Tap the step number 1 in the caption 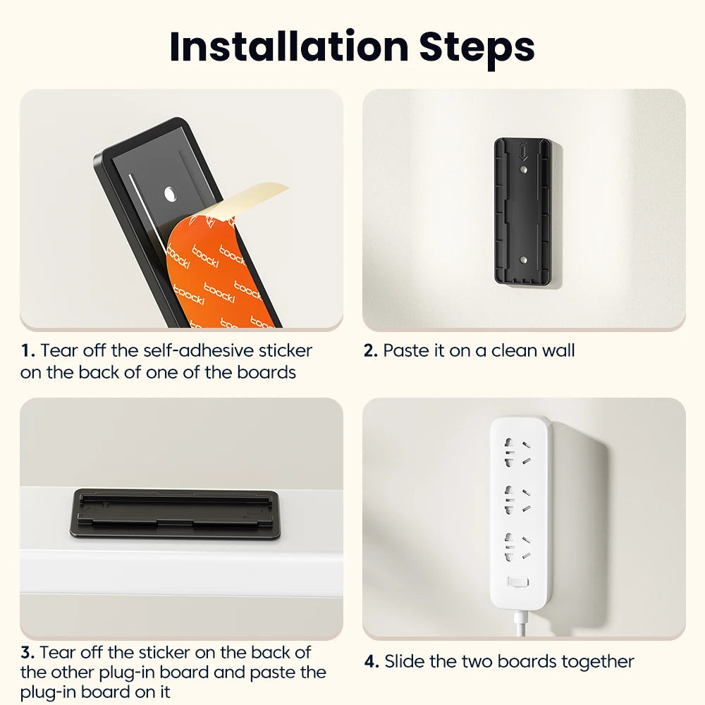26,350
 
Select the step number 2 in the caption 371,350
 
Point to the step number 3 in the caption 26,652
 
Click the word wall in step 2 558,350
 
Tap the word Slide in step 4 405,661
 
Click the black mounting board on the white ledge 176,513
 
